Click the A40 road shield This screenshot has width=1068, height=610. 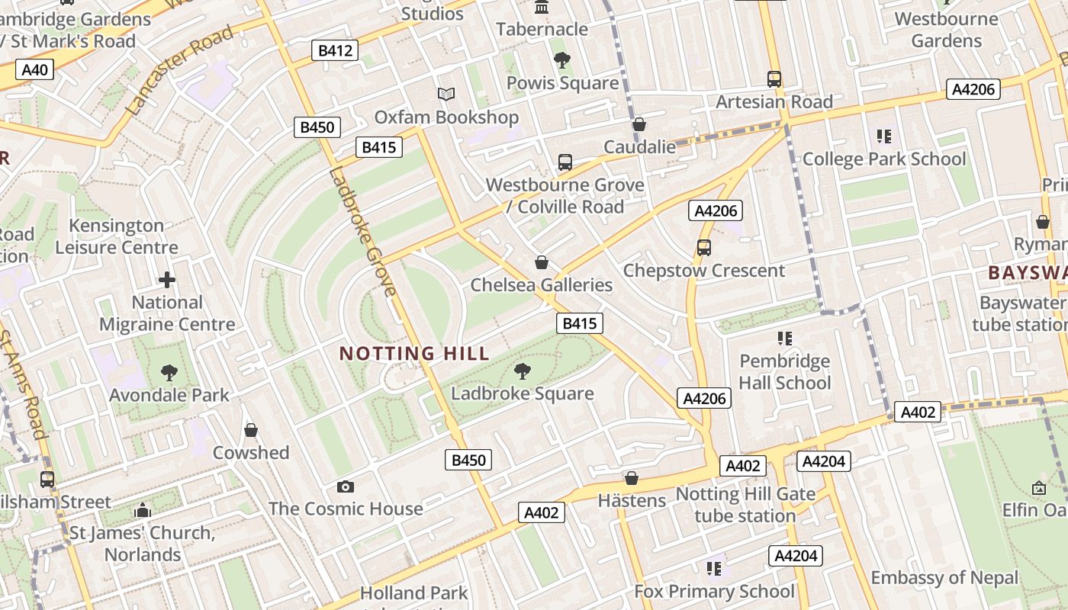point(34,70)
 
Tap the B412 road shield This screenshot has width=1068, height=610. point(335,51)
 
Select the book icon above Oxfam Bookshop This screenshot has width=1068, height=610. point(446,94)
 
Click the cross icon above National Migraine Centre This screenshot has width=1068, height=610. point(167,280)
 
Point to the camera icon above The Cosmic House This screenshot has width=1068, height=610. point(346,486)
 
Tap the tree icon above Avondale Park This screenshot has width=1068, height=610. point(169,372)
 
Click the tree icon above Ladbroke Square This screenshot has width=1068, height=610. point(523,371)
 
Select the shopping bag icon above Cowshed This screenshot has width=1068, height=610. point(250,431)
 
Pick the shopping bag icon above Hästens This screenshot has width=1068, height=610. point(631,478)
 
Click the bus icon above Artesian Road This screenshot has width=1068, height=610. point(774,79)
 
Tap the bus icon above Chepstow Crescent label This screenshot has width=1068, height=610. point(703,248)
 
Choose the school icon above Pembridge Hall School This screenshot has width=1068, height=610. point(784,338)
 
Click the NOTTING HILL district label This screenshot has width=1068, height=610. point(414,354)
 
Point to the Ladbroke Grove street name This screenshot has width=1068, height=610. point(363,232)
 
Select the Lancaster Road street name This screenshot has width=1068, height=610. point(179,71)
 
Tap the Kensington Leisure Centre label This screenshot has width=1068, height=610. point(117,236)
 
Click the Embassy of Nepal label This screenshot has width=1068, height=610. point(944,577)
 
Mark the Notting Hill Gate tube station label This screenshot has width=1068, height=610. point(745,505)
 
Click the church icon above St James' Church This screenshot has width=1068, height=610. point(143,510)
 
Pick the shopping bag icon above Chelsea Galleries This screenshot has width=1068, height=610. point(542,263)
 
